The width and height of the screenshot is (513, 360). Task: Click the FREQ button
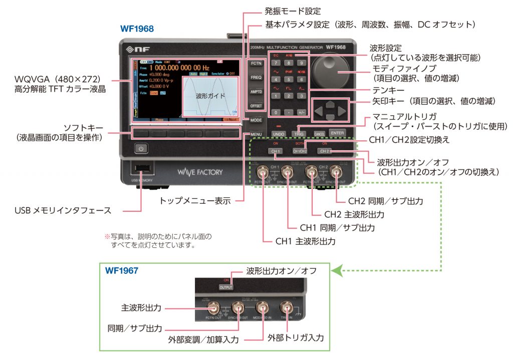(256, 78)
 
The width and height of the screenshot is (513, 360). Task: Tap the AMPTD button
(256, 92)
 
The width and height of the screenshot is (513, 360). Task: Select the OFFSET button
(256, 106)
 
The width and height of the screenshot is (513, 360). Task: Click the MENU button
(256, 135)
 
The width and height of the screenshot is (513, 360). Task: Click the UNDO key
(279, 134)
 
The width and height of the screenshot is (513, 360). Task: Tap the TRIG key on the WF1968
(299, 134)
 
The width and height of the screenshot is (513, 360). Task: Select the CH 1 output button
(275, 151)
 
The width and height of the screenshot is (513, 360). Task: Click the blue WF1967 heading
(122, 270)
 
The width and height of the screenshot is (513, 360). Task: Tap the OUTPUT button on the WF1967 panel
(226, 288)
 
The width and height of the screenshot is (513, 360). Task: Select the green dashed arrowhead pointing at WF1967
(338, 271)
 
